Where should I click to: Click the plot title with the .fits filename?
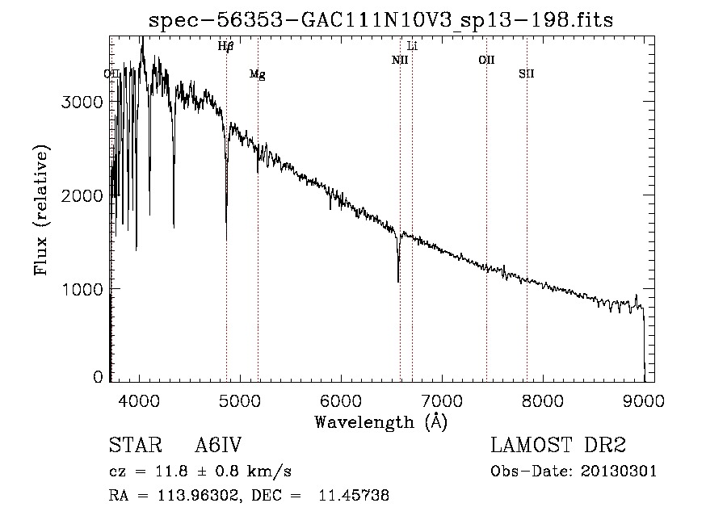(380, 20)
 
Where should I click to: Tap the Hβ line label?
(226, 46)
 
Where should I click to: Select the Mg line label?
(258, 74)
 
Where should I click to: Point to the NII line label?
(400, 60)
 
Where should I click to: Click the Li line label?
(412, 46)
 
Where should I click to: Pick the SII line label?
(526, 73)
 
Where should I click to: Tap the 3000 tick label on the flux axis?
(82, 102)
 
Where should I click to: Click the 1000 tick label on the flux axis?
(82, 290)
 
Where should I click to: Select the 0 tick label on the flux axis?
(98, 377)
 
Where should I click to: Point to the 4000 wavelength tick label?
(139, 400)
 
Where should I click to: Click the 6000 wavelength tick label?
(341, 400)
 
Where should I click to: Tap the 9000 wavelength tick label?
(644, 400)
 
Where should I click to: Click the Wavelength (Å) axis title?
(381, 422)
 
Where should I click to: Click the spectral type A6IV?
(218, 445)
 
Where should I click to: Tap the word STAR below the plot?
(136, 445)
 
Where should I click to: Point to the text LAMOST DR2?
(558, 445)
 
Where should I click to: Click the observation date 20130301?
(619, 472)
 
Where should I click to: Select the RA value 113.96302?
(198, 496)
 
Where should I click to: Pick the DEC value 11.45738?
(354, 495)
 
